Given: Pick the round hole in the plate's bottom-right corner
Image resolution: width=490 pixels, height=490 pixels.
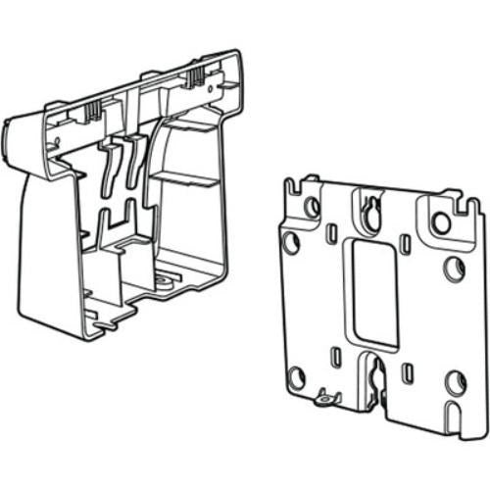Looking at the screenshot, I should click(455, 381).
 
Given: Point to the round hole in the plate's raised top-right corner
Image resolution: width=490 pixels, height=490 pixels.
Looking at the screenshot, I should click(442, 222).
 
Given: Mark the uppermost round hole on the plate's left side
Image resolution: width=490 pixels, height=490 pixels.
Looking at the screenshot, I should click(312, 207).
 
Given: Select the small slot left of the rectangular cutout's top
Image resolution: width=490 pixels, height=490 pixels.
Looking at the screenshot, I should click(332, 232).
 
